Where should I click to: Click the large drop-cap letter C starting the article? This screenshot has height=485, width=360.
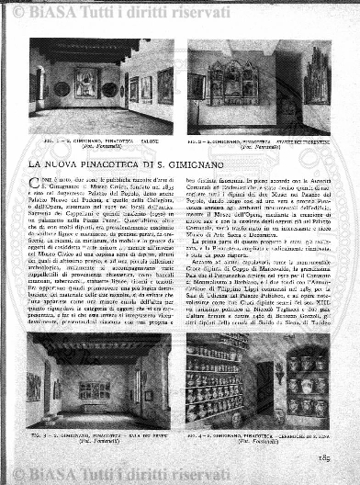(36, 180)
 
